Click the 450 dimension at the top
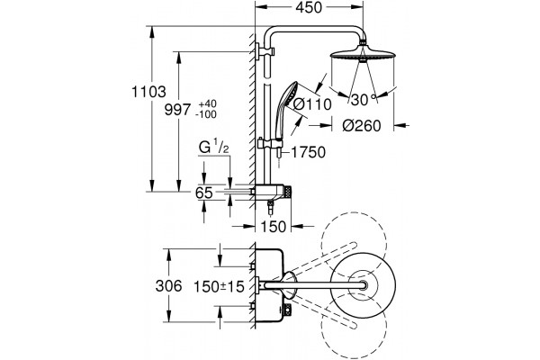309,7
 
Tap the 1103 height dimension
148,92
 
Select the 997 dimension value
177,110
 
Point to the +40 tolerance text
207,103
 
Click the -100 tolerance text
206,114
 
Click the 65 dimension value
203,193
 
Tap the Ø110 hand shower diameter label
312,104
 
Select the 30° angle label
364,100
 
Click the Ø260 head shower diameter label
362,126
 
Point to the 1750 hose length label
308,152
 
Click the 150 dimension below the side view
273,226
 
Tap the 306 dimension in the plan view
168,286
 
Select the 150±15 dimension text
219,286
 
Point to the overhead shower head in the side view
363,55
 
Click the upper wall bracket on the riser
265,51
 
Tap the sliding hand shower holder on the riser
270,143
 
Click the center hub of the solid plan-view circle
363,285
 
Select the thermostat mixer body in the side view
272,193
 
